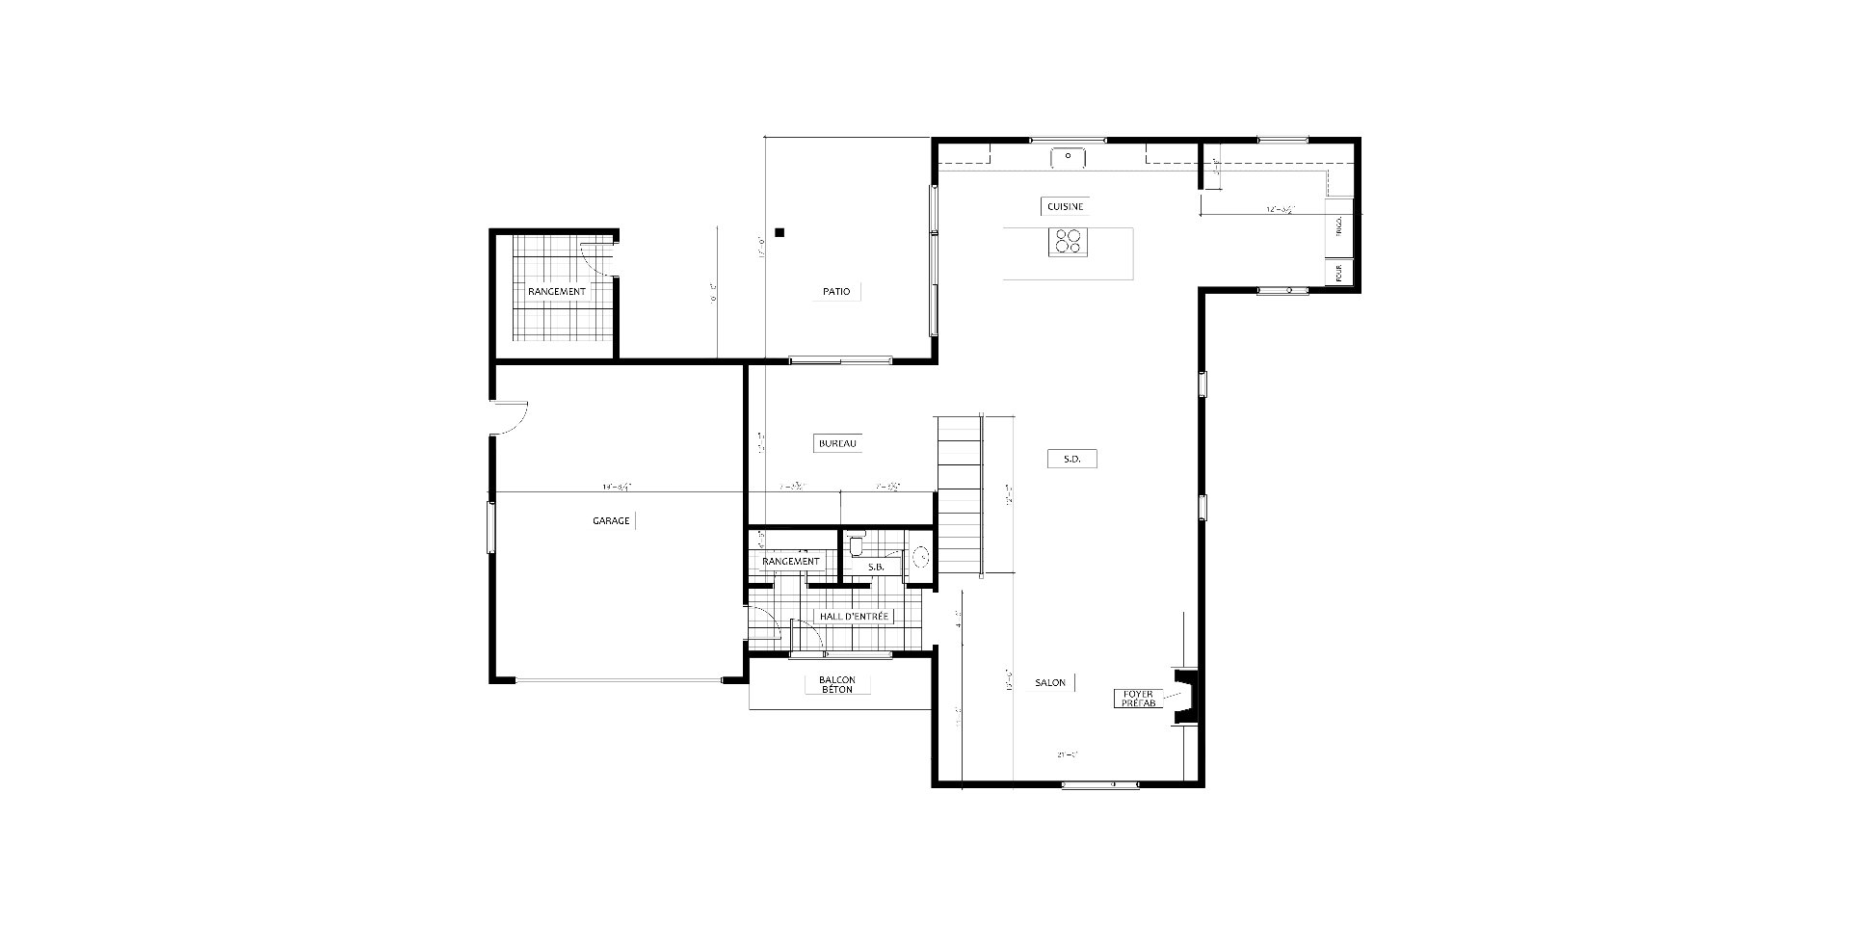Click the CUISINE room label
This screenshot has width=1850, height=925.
[x=1066, y=206]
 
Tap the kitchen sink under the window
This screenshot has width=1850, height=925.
[x=1068, y=156]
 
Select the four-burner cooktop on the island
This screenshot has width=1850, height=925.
[x=1068, y=241]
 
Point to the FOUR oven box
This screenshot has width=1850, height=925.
[x=1339, y=273]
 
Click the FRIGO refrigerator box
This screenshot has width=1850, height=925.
[x=1339, y=227]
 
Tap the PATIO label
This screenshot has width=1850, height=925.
[x=836, y=291]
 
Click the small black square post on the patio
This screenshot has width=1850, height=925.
[x=780, y=232]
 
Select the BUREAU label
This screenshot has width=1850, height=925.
[x=836, y=443]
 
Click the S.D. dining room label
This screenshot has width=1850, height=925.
[x=1071, y=460]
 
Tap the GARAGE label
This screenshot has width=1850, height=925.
[x=611, y=520]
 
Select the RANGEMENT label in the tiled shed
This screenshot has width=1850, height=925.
[x=556, y=291]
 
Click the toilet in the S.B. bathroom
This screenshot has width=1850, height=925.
[x=857, y=546]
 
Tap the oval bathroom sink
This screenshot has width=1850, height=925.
[x=920, y=556]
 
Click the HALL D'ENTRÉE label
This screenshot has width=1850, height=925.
[x=854, y=616]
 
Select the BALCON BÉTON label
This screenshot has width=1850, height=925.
[x=836, y=684]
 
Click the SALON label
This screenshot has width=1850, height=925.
[x=1050, y=682]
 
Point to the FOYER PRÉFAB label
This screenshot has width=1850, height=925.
[x=1138, y=699]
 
